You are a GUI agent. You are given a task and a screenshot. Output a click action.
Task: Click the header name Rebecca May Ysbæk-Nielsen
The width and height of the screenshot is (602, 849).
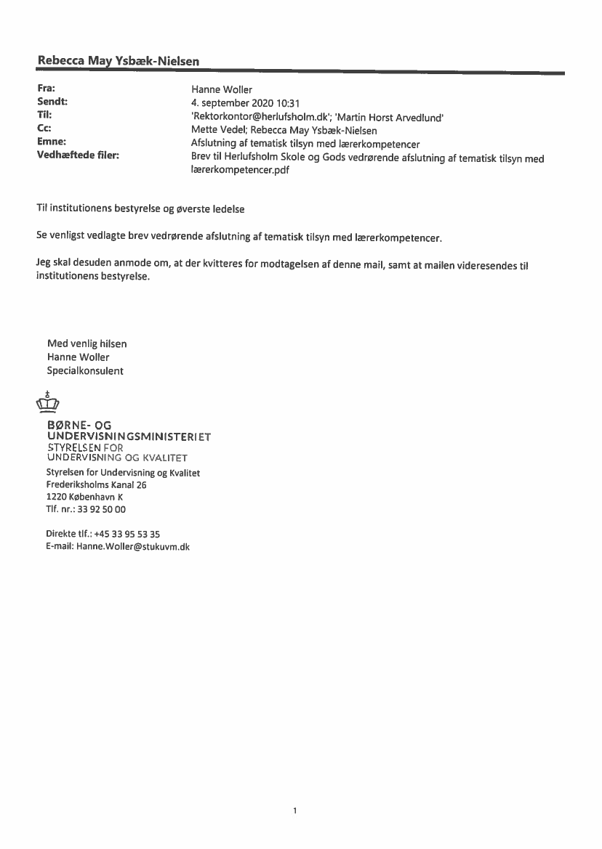119,61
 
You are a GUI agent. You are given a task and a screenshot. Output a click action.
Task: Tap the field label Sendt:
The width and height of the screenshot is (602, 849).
52,102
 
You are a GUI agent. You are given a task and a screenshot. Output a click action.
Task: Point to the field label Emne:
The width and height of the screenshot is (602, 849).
52,142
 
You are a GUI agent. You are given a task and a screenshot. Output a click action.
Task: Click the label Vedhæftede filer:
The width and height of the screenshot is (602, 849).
78,155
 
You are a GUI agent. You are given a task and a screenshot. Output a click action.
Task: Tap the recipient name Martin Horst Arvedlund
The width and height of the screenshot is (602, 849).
388,117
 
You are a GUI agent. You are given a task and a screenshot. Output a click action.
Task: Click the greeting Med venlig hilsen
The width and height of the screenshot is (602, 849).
87,344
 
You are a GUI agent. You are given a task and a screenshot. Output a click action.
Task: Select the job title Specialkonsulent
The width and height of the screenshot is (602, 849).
85,371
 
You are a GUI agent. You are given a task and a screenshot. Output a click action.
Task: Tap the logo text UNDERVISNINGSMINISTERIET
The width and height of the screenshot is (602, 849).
129,436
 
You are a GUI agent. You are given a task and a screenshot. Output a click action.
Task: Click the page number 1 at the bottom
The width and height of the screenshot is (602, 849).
294,811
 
